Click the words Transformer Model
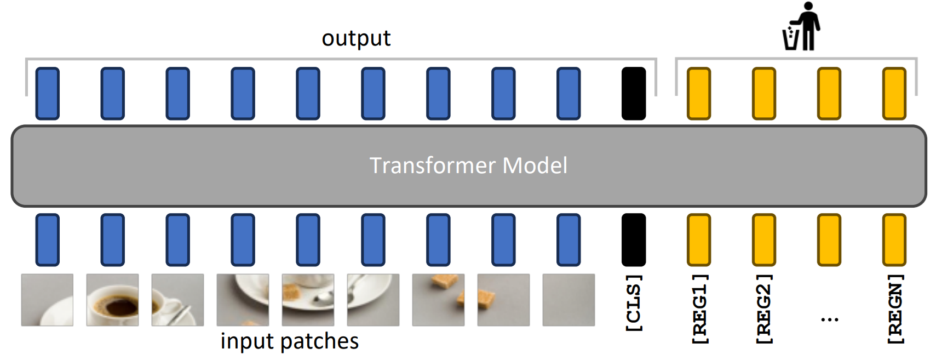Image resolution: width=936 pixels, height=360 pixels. tap(468, 165)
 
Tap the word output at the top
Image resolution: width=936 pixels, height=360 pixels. tap(356, 38)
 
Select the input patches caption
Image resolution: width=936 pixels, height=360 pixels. tap(289, 341)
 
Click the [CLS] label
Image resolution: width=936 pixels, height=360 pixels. tap(634, 302)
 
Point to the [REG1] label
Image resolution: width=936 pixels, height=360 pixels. tap(699, 308)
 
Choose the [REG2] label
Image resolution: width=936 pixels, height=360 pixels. tap(763, 308)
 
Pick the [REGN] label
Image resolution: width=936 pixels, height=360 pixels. tap(894, 308)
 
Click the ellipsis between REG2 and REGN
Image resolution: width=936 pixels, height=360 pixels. tap(829, 319)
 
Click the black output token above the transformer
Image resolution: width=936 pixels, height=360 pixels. tap(634, 93)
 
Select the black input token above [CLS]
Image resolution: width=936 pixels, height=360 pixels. tap(634, 239)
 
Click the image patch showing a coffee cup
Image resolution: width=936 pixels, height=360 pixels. tap(112, 300)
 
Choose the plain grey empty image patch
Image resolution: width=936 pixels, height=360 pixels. tap(569, 300)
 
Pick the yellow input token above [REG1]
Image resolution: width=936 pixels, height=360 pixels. tap(699, 239)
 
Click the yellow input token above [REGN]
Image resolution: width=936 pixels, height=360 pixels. tap(894, 239)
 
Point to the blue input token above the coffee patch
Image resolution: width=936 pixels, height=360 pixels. tap(112, 239)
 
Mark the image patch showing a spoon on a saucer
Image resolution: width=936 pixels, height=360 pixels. tap(373, 300)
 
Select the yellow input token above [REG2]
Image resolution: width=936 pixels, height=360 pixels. tap(764, 239)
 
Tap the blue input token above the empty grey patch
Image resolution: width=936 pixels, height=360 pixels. tap(569, 239)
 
